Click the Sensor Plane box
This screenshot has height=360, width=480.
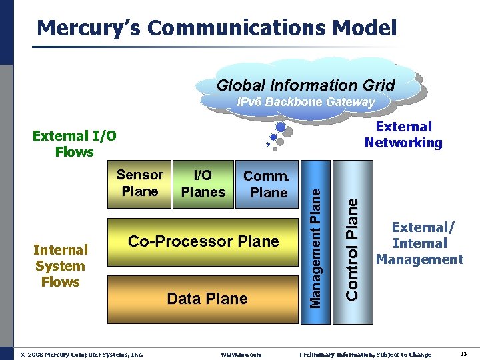pyautogui.click(x=139, y=183)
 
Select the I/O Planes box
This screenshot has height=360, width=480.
pyautogui.click(x=203, y=184)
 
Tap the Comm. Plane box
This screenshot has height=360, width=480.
pyautogui.click(x=267, y=185)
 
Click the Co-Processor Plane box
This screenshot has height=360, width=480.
pyautogui.click(x=203, y=241)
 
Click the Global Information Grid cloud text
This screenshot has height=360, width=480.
pyautogui.click(x=306, y=85)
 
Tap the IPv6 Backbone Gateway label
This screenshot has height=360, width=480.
pyautogui.click(x=306, y=102)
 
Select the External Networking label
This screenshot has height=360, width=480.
pyautogui.click(x=403, y=135)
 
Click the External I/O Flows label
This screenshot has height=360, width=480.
pyautogui.click(x=74, y=144)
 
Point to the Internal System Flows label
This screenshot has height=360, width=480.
pyautogui.click(x=61, y=266)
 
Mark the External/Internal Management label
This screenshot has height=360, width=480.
pyautogui.click(x=419, y=243)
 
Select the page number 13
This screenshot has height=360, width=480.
pyautogui.click(x=463, y=354)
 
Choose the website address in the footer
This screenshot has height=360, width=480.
pyautogui.click(x=241, y=355)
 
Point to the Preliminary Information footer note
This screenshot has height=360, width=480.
pyautogui.click(x=365, y=355)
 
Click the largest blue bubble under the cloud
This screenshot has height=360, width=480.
pyautogui.click(x=281, y=127)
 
